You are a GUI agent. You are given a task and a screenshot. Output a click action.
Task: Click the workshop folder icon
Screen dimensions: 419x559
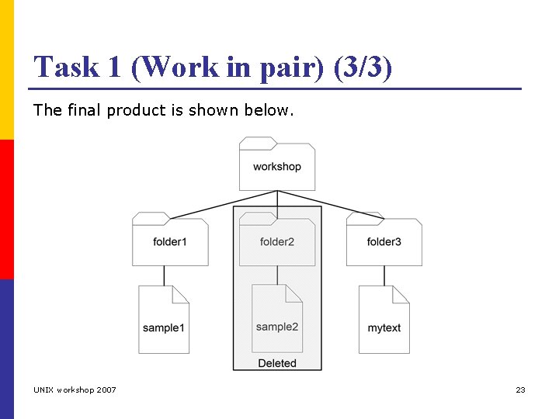(277, 164)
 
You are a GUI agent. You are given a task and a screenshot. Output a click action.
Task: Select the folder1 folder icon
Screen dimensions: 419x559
(170, 240)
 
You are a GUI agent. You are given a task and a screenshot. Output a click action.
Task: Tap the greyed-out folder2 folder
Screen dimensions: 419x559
(277, 240)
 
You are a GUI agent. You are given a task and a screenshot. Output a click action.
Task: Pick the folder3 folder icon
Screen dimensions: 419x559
(384, 240)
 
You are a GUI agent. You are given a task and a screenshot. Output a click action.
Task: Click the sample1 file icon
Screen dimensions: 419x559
(164, 320)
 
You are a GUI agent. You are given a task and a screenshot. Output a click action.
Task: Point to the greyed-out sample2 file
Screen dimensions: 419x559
(277, 320)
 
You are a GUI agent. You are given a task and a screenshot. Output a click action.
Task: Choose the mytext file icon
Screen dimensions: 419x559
(384, 320)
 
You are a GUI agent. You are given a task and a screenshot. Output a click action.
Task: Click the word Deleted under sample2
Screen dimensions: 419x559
(277, 362)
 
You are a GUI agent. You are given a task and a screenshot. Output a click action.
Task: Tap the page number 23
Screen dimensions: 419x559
(520, 390)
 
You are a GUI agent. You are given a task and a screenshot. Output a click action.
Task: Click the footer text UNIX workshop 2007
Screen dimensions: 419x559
(75, 390)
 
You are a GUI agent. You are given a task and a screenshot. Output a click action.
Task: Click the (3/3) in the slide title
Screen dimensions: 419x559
(363, 68)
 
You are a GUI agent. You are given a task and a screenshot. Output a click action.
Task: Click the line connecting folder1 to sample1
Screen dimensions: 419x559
(164, 275)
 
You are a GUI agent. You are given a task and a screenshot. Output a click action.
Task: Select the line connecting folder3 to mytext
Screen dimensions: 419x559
(384, 275)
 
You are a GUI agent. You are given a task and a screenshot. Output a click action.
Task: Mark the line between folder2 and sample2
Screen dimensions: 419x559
(277, 275)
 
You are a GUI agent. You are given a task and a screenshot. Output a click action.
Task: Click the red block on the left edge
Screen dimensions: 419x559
(6, 209)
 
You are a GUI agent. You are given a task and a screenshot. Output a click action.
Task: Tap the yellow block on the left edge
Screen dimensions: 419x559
(6, 70)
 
